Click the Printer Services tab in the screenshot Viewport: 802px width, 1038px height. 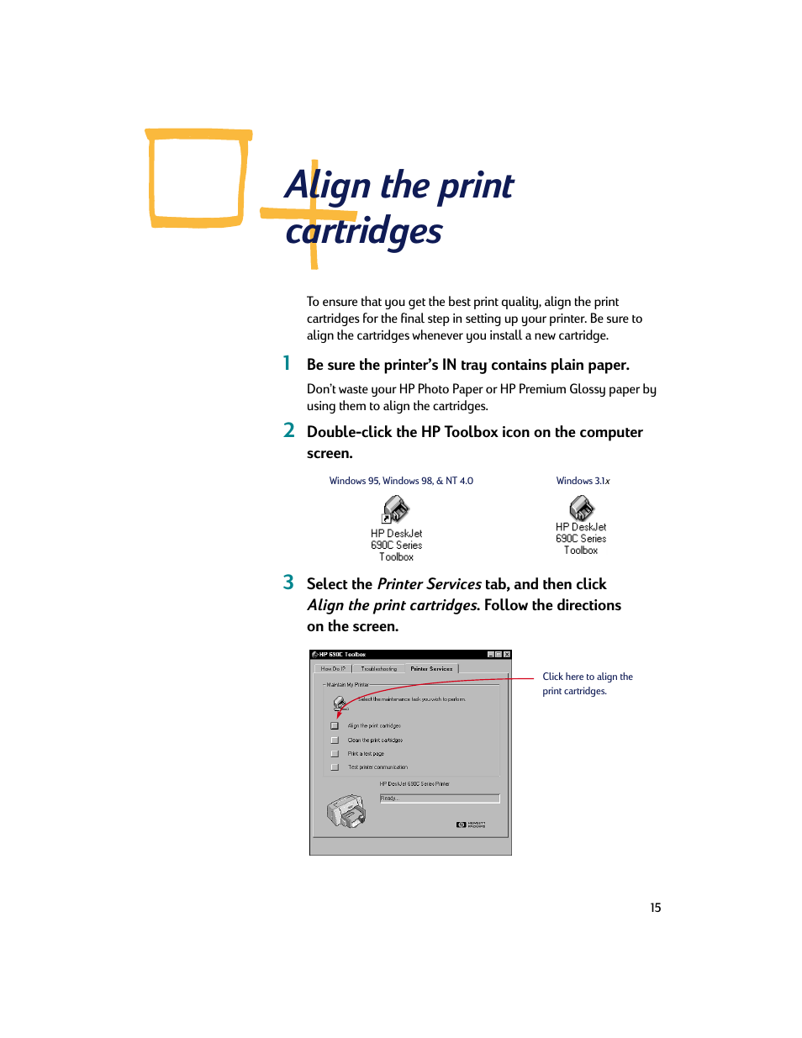pyautogui.click(x=431, y=669)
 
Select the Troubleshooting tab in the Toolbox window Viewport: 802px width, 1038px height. pyautogui.click(x=378, y=669)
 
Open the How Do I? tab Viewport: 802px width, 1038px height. pyautogui.click(x=333, y=669)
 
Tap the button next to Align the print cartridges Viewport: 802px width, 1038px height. pyautogui.click(x=335, y=725)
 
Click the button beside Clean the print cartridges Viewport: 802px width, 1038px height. pyautogui.click(x=335, y=740)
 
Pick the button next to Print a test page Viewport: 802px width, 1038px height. pyautogui.click(x=335, y=754)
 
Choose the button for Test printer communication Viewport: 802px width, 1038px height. pyautogui.click(x=335, y=767)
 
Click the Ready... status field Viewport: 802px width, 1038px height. pyautogui.click(x=440, y=798)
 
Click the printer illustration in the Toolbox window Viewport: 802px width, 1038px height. pyautogui.click(x=346, y=812)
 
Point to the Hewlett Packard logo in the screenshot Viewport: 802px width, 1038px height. pyautogui.click(x=471, y=825)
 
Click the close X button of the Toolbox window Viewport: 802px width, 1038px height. pyautogui.click(x=507, y=655)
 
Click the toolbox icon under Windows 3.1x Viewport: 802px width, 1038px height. pyautogui.click(x=581, y=508)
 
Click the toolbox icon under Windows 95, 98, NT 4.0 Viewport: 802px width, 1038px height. pyautogui.click(x=396, y=509)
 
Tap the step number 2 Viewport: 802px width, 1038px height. pyautogui.click(x=289, y=430)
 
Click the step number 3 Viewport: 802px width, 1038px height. pyautogui.click(x=288, y=582)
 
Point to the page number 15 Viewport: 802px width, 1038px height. pyautogui.click(x=656, y=908)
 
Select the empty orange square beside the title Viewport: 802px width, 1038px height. pyautogui.click(x=198, y=178)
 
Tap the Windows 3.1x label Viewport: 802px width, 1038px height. pyautogui.click(x=583, y=481)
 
